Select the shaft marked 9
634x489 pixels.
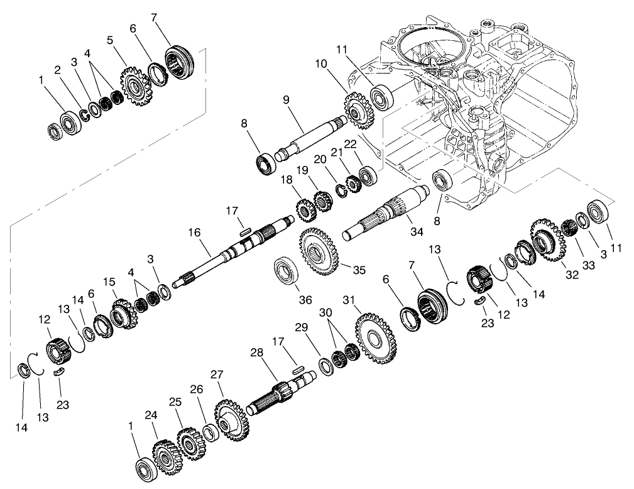pos(308,135)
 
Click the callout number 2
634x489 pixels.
pos(57,70)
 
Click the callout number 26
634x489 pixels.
pos(197,389)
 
